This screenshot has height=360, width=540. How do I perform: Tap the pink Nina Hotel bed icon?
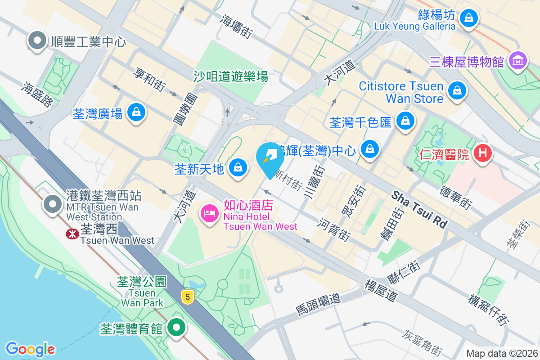[209, 212]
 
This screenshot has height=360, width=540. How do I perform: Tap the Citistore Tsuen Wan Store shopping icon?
[457, 90]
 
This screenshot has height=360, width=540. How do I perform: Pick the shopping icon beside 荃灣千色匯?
[405, 121]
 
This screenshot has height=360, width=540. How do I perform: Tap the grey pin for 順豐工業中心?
[37, 41]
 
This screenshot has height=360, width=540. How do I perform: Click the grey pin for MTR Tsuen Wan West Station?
[53, 204]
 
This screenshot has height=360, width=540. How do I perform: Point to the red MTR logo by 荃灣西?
[71, 234]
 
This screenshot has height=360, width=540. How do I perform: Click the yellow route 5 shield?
[188, 297]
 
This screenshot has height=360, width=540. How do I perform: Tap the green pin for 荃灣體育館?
[177, 327]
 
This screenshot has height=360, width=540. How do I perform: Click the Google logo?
[30, 349]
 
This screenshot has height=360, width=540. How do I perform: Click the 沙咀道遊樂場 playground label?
[231, 76]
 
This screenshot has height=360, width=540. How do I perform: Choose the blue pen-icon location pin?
[270, 158]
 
